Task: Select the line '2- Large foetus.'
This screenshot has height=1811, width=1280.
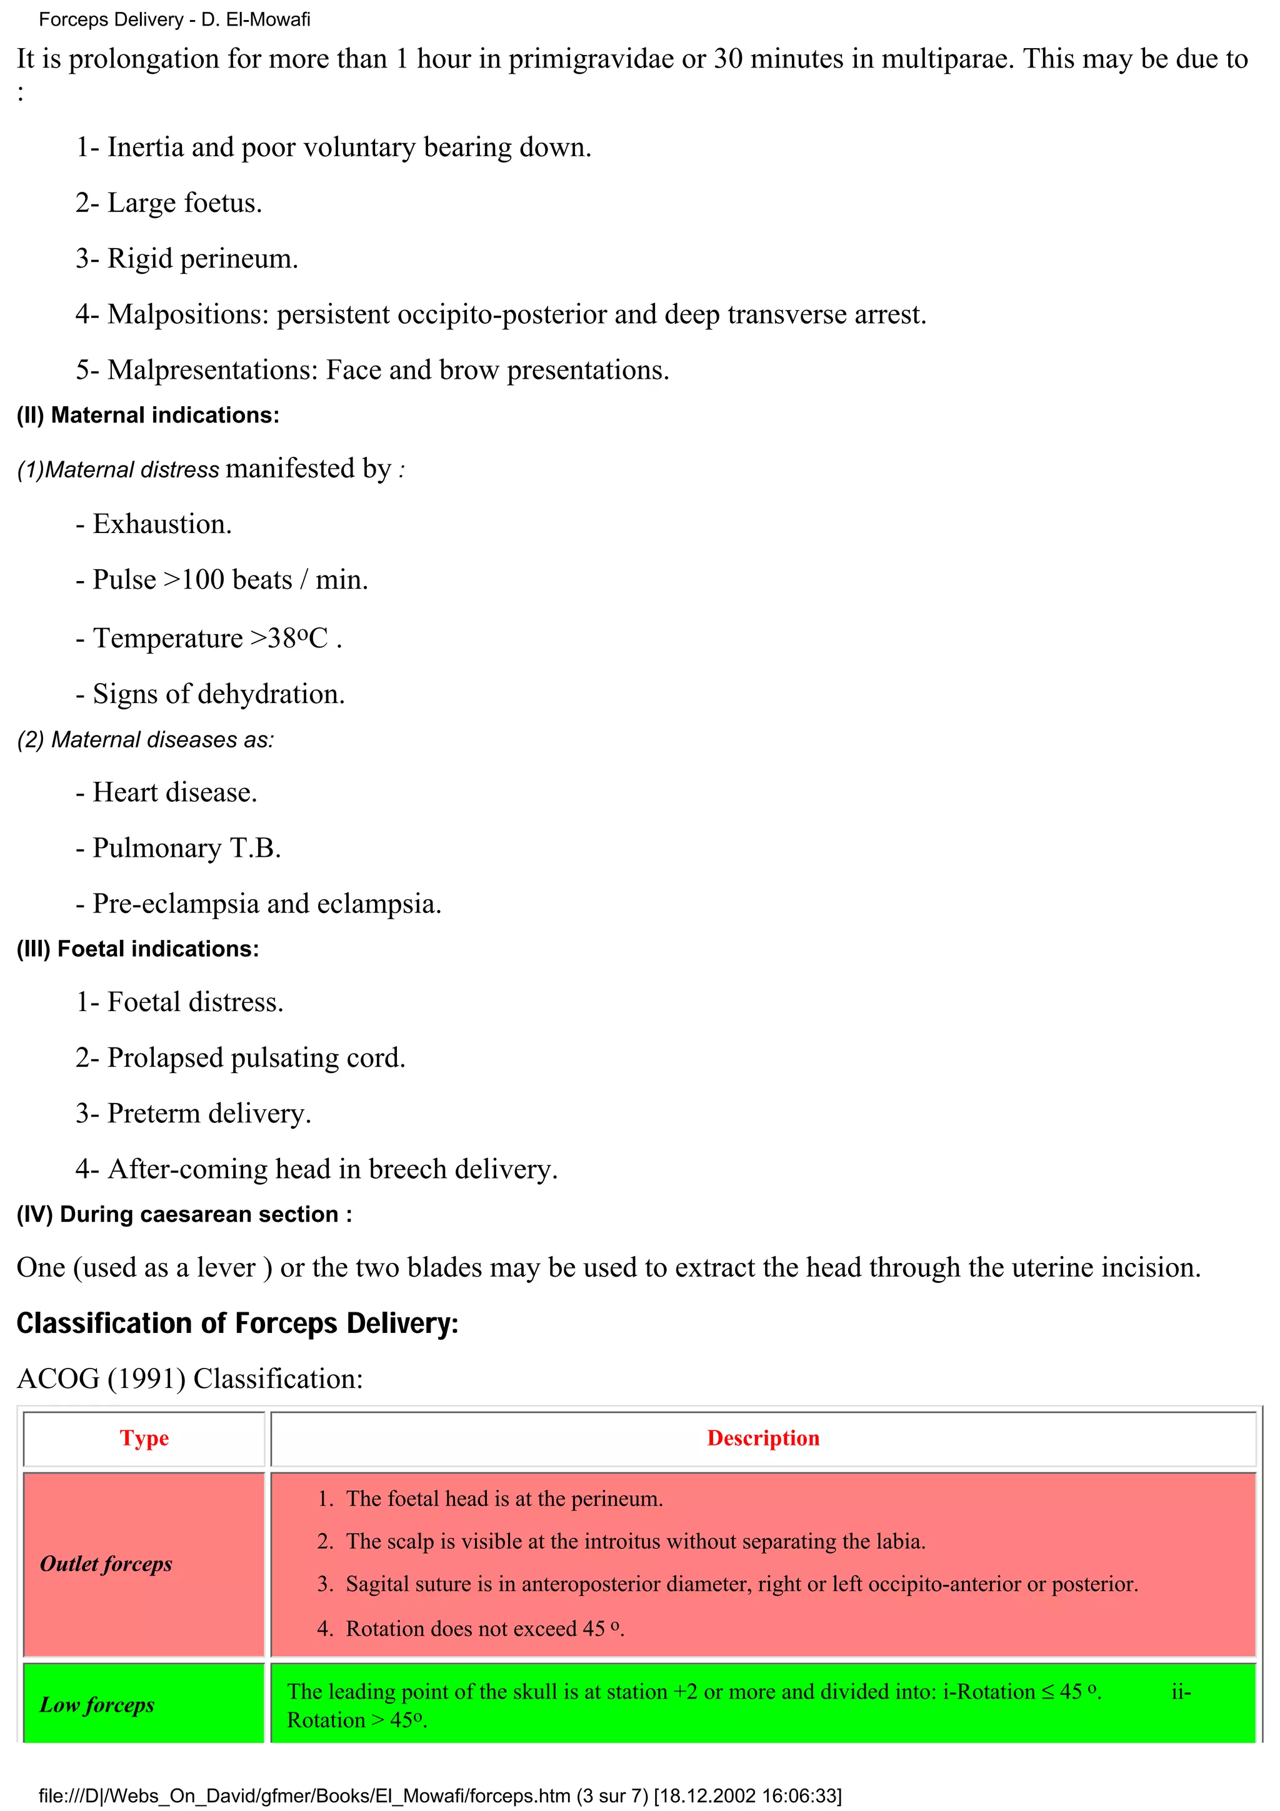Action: [x=169, y=202]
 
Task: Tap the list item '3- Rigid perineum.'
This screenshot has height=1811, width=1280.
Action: [x=187, y=259]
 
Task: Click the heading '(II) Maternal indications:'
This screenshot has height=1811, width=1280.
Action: [x=147, y=416]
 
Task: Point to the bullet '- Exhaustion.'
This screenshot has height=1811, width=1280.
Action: [x=154, y=524]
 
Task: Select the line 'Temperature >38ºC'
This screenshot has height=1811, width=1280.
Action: [x=209, y=638]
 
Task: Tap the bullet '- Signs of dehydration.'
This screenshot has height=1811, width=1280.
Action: [x=210, y=694]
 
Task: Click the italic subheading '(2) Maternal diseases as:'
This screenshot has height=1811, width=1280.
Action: [x=145, y=740]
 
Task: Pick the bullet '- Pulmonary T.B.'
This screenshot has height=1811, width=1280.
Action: [x=178, y=848]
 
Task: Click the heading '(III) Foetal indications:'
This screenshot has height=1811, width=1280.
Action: [x=137, y=949]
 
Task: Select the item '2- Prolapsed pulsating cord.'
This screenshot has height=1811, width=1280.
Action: [x=241, y=1058]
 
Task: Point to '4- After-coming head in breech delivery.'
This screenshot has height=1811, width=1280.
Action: [x=316, y=1169]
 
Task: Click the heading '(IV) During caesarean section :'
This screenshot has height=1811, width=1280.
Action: [x=184, y=1215]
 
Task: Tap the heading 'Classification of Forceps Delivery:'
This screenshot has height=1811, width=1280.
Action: [x=237, y=1324]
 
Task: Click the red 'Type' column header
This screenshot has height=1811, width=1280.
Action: [x=144, y=1438]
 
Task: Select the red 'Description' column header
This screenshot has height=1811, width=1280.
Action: [x=762, y=1438]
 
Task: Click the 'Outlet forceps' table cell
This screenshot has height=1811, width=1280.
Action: [x=106, y=1564]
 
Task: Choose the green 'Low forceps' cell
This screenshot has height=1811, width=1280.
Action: [x=97, y=1705]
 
